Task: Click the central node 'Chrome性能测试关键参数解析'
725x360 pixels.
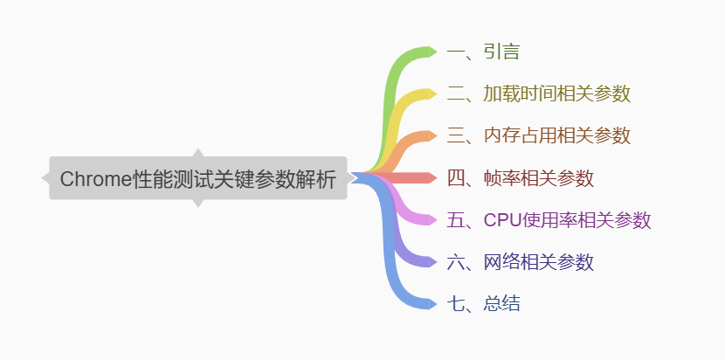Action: (198, 178)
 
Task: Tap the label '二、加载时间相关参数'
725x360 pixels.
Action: (538, 93)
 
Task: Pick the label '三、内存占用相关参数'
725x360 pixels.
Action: (538, 135)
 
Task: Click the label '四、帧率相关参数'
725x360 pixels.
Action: (520, 178)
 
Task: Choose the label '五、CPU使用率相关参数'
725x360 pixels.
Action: (549, 220)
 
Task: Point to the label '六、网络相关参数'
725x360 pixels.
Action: (520, 261)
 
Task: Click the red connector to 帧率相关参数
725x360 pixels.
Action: (411, 178)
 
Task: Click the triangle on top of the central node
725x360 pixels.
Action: (198, 153)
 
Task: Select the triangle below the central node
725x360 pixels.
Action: (198, 203)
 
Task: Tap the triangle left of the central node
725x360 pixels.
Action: (45, 178)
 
